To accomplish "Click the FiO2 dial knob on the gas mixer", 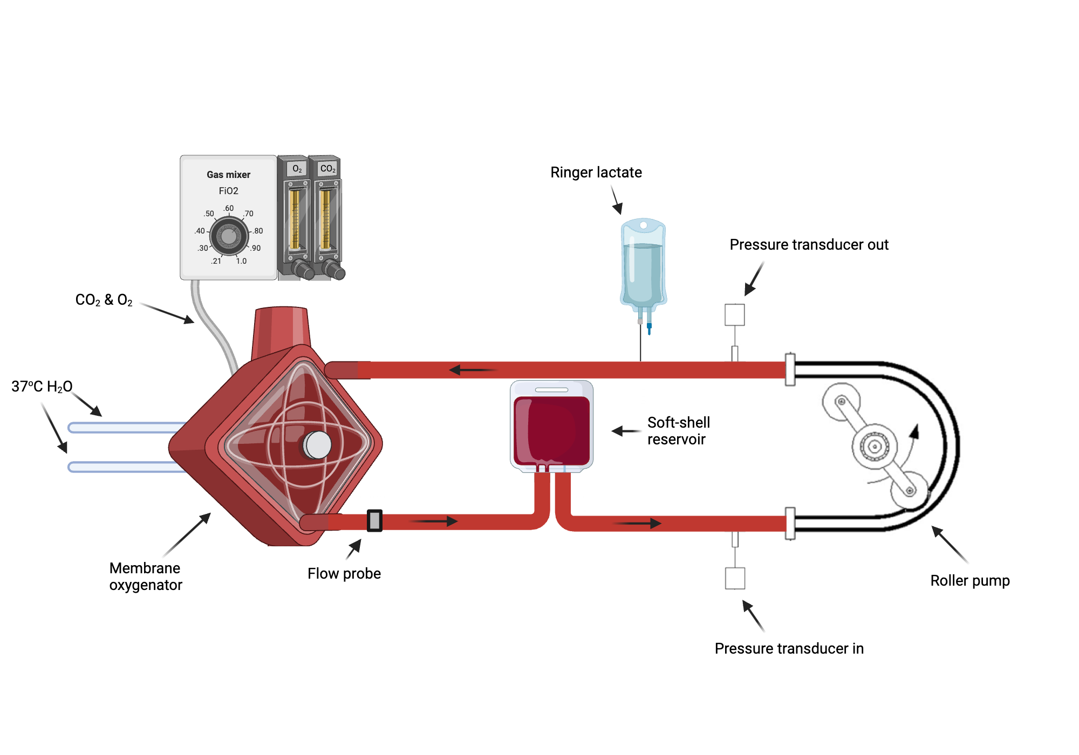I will click(x=229, y=236).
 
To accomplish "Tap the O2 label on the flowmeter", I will click(x=297, y=169).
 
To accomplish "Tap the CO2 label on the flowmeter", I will click(x=327, y=169).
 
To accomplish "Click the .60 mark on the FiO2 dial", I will click(x=229, y=208).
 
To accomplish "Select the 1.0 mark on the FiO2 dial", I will click(x=241, y=261).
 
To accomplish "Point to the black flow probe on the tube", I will click(x=374, y=520).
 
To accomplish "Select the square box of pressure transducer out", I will click(x=734, y=314).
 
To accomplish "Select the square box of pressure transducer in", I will click(x=735, y=578).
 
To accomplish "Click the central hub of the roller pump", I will click(x=874, y=446).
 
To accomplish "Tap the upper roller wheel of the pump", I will click(x=841, y=402).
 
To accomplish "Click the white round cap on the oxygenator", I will click(x=317, y=445).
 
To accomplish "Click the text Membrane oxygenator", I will click(x=145, y=576).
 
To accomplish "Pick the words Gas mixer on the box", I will click(x=228, y=175).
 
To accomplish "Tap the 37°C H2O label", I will click(x=42, y=387).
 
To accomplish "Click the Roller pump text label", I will click(x=969, y=581).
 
